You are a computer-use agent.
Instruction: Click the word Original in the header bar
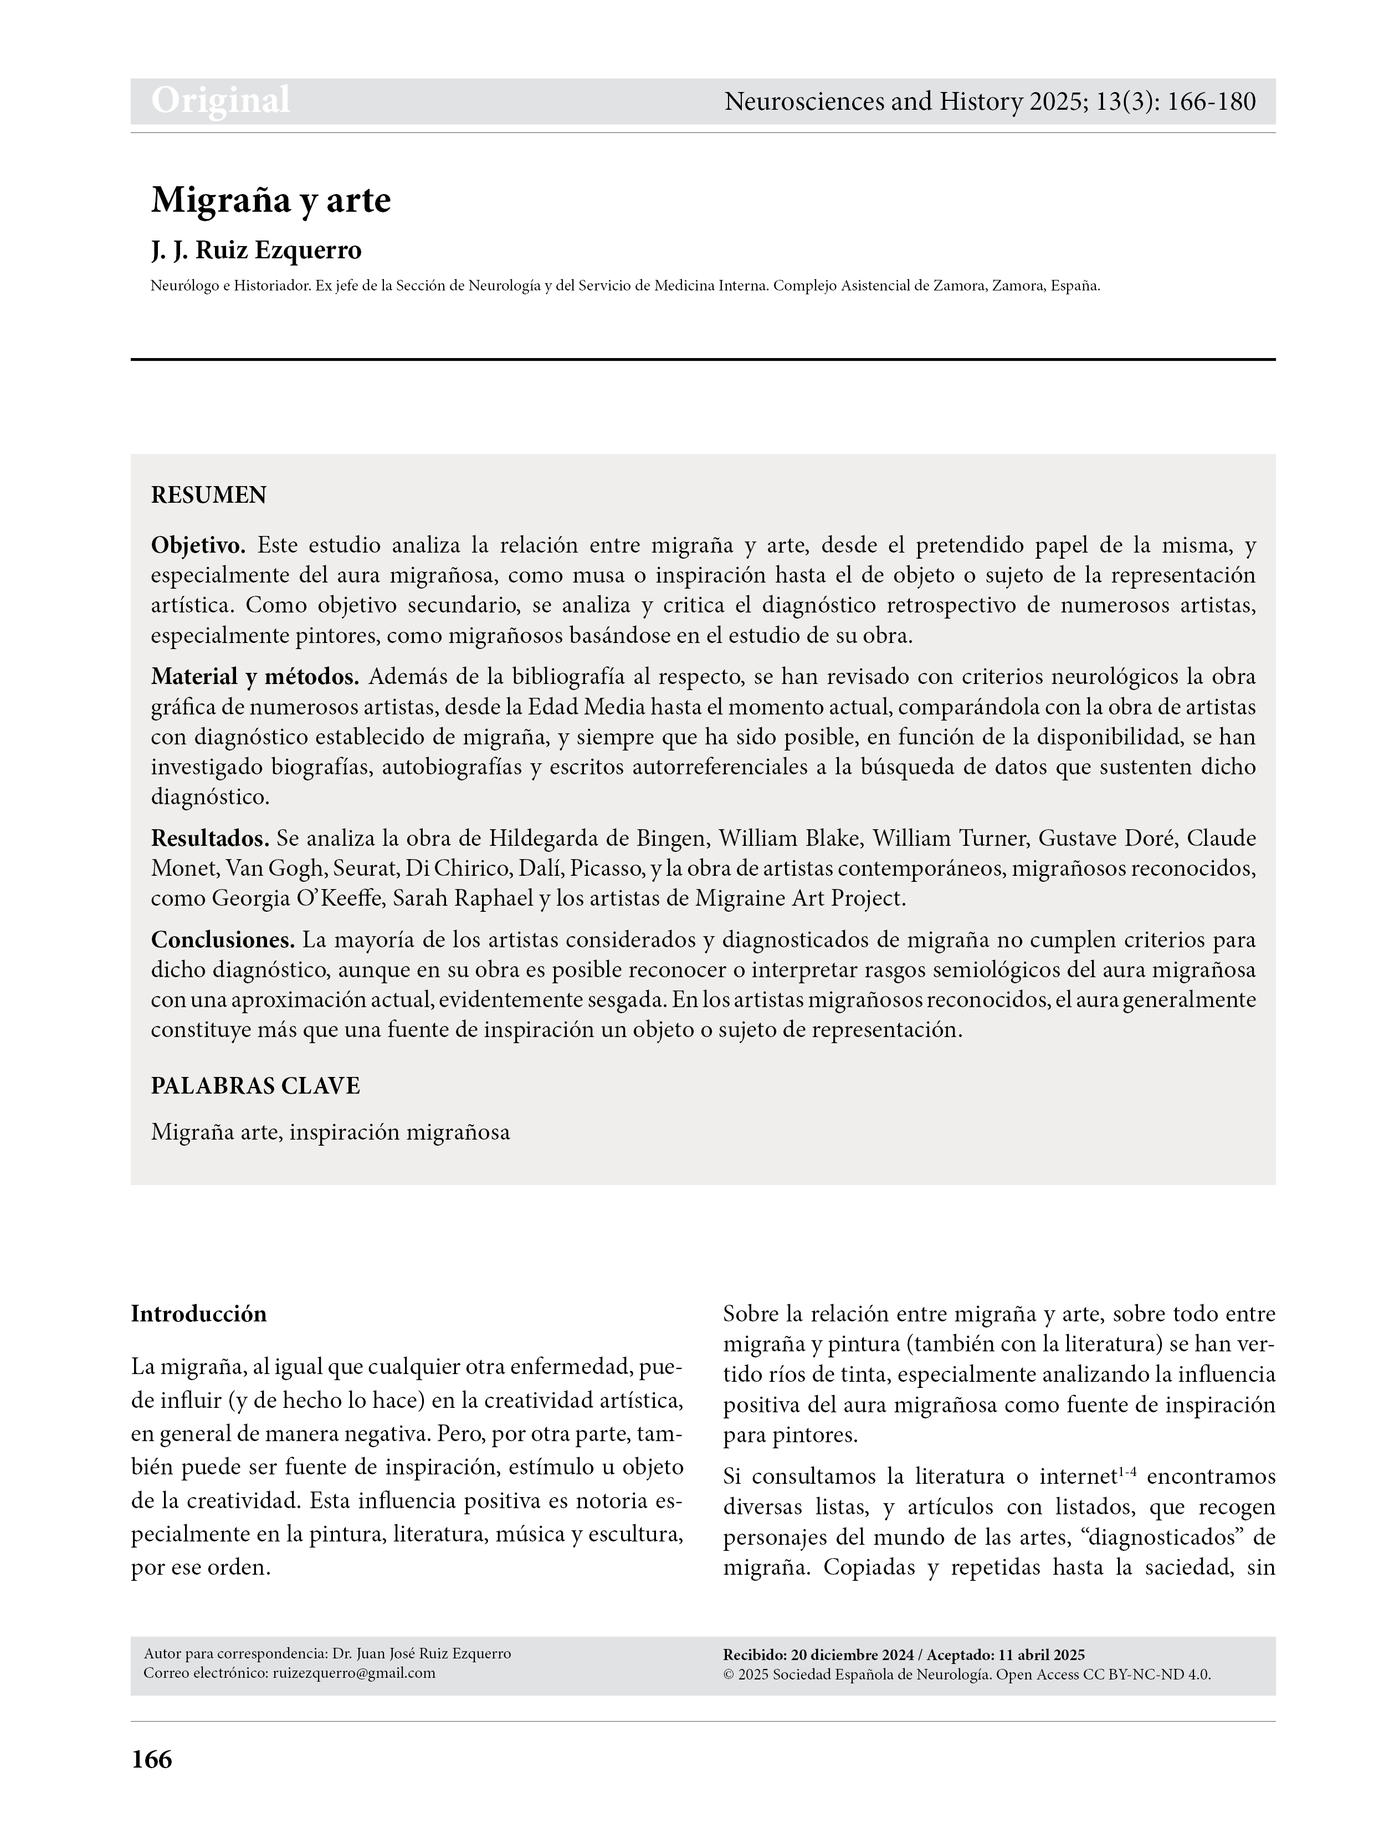coord(221,100)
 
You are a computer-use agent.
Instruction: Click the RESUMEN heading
coord(209,496)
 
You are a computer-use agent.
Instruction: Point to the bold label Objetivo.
coord(198,545)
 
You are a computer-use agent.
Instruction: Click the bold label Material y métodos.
coord(254,677)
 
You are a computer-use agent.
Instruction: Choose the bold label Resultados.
coord(209,839)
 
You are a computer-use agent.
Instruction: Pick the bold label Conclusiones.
coord(223,941)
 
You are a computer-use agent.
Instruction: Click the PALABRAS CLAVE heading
coord(255,1086)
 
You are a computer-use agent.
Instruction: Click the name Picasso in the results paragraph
coord(616,869)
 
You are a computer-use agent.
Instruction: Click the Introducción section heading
coord(199,1314)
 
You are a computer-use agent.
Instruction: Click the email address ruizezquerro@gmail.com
coord(353,1673)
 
